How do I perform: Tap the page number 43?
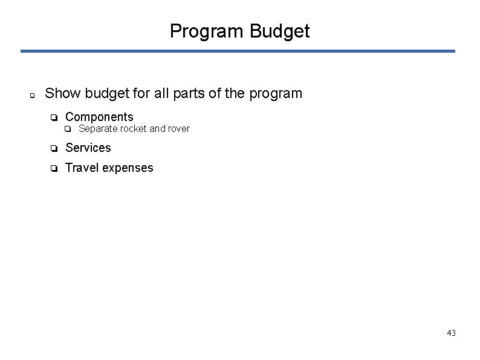(451, 333)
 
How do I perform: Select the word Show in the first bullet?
(63, 94)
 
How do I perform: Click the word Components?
(99, 117)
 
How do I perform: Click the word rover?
(178, 128)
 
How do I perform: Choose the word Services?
(88, 148)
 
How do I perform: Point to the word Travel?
(82, 168)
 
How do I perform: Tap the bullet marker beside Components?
(54, 117)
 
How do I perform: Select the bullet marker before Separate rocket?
(68, 129)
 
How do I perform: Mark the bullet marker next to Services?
(54, 148)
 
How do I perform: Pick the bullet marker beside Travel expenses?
(54, 168)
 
